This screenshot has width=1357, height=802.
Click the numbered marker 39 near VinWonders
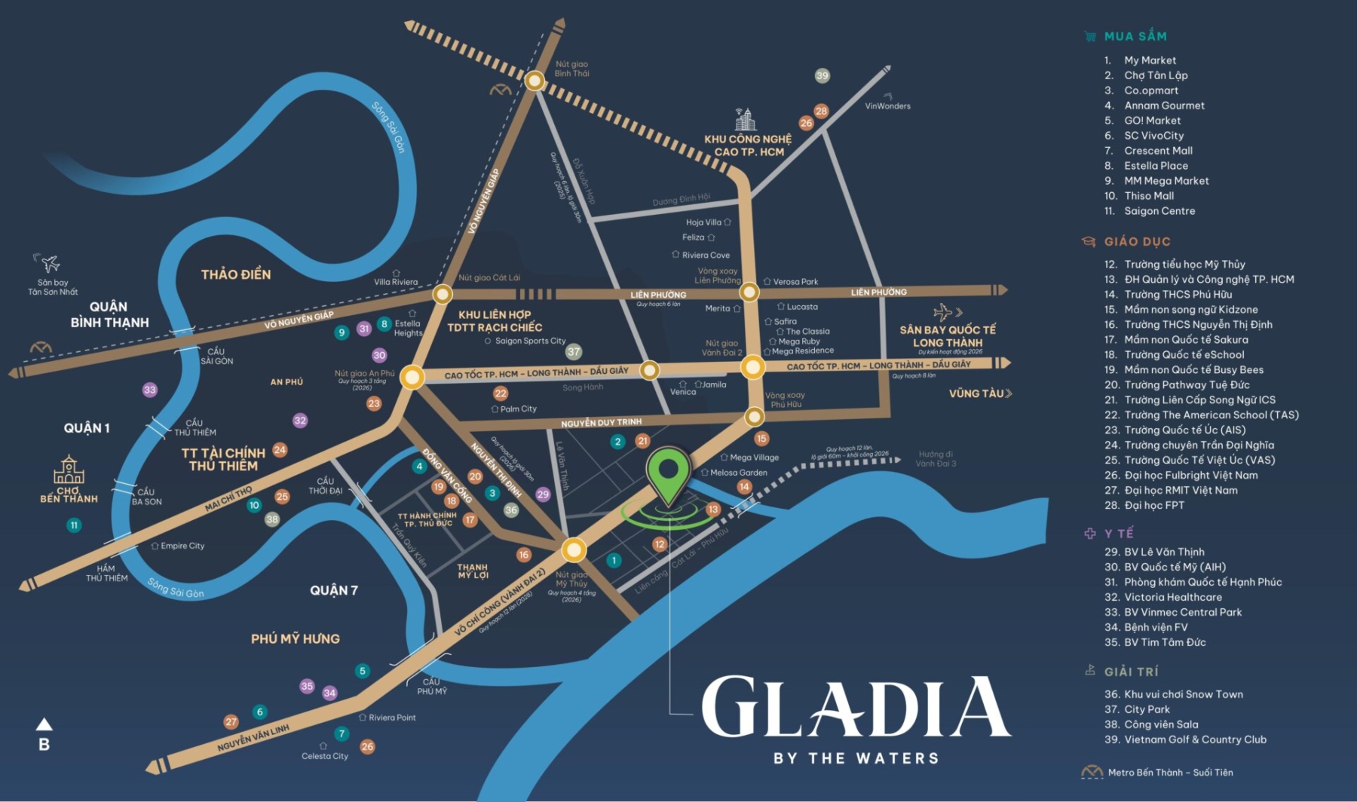822,75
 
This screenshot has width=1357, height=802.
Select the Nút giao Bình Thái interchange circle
535,81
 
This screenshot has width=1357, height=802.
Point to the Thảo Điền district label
236,275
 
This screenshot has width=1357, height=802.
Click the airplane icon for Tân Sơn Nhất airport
49,264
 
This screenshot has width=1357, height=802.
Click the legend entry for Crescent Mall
1158,151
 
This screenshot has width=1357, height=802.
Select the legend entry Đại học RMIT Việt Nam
1181,490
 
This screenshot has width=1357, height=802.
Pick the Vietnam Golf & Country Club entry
1195,739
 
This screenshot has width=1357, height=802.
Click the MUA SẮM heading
1135,36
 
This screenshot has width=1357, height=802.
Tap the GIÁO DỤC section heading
1137,242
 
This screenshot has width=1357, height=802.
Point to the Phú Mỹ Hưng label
296,639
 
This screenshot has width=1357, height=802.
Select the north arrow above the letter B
44,724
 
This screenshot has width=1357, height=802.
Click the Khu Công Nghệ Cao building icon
745,119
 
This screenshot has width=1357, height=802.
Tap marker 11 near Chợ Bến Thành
74,525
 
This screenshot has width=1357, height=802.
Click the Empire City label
182,546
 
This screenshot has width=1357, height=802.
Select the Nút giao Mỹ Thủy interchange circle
574,550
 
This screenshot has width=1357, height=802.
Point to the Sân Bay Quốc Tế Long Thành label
948,336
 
